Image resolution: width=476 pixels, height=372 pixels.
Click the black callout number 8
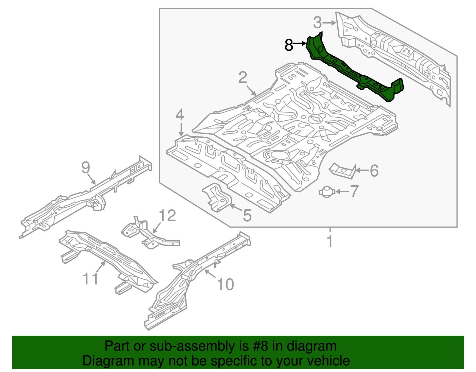(289, 45)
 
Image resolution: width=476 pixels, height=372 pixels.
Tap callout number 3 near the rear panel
(317, 23)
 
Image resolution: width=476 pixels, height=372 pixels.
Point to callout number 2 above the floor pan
(243, 77)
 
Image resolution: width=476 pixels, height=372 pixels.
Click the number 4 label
(180, 115)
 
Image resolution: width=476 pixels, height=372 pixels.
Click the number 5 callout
(247, 215)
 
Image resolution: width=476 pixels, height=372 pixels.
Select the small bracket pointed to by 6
(342, 171)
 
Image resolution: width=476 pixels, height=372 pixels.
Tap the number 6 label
(374, 171)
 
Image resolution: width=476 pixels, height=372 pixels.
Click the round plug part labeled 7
(327, 192)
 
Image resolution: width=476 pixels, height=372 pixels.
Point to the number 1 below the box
(330, 241)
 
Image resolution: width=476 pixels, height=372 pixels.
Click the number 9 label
(86, 168)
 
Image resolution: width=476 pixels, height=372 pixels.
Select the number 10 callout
(226, 284)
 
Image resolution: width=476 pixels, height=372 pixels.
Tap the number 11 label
(90, 279)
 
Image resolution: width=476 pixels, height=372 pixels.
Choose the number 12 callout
(167, 216)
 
